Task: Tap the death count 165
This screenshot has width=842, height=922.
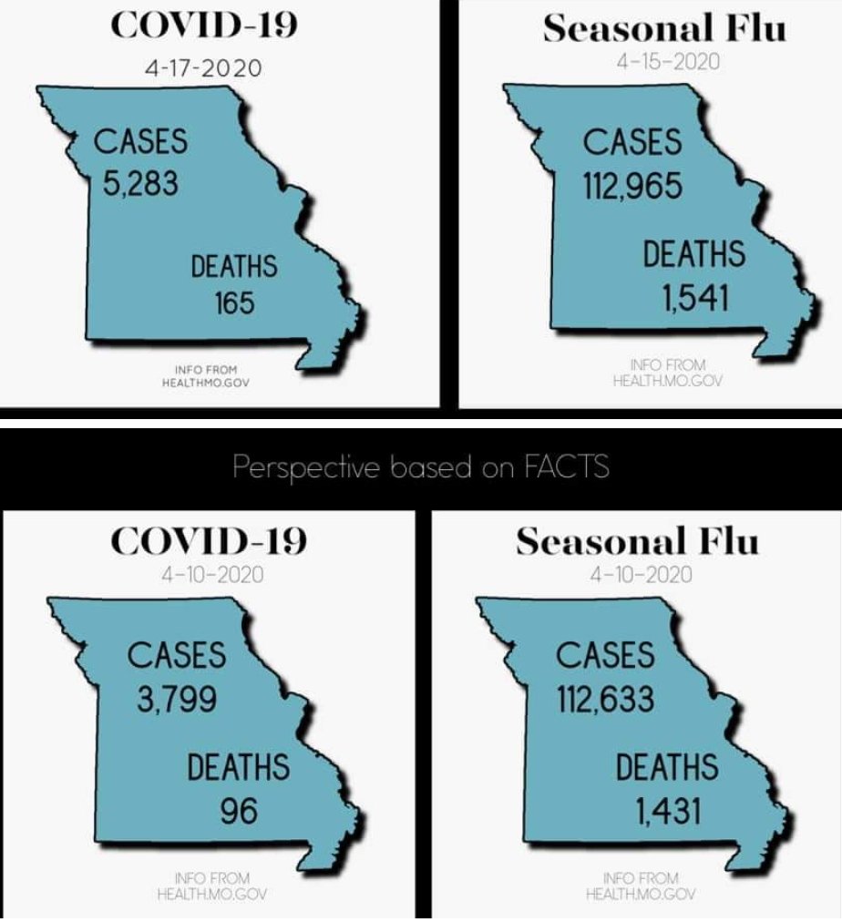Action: click(234, 302)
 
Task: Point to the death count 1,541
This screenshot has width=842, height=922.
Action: click(694, 297)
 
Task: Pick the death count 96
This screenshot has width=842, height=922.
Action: click(238, 806)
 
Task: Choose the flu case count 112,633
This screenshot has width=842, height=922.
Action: click(605, 699)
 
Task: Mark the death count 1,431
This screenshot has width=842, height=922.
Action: click(667, 807)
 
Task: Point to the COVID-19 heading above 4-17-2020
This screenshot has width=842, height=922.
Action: click(202, 25)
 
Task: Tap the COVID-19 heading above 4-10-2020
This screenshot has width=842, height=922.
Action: click(208, 541)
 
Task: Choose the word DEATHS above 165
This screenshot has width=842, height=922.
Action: click(234, 268)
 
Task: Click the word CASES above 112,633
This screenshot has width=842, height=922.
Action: click(605, 656)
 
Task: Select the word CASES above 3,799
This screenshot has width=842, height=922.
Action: click(175, 656)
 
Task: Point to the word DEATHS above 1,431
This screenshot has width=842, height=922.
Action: click(667, 767)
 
